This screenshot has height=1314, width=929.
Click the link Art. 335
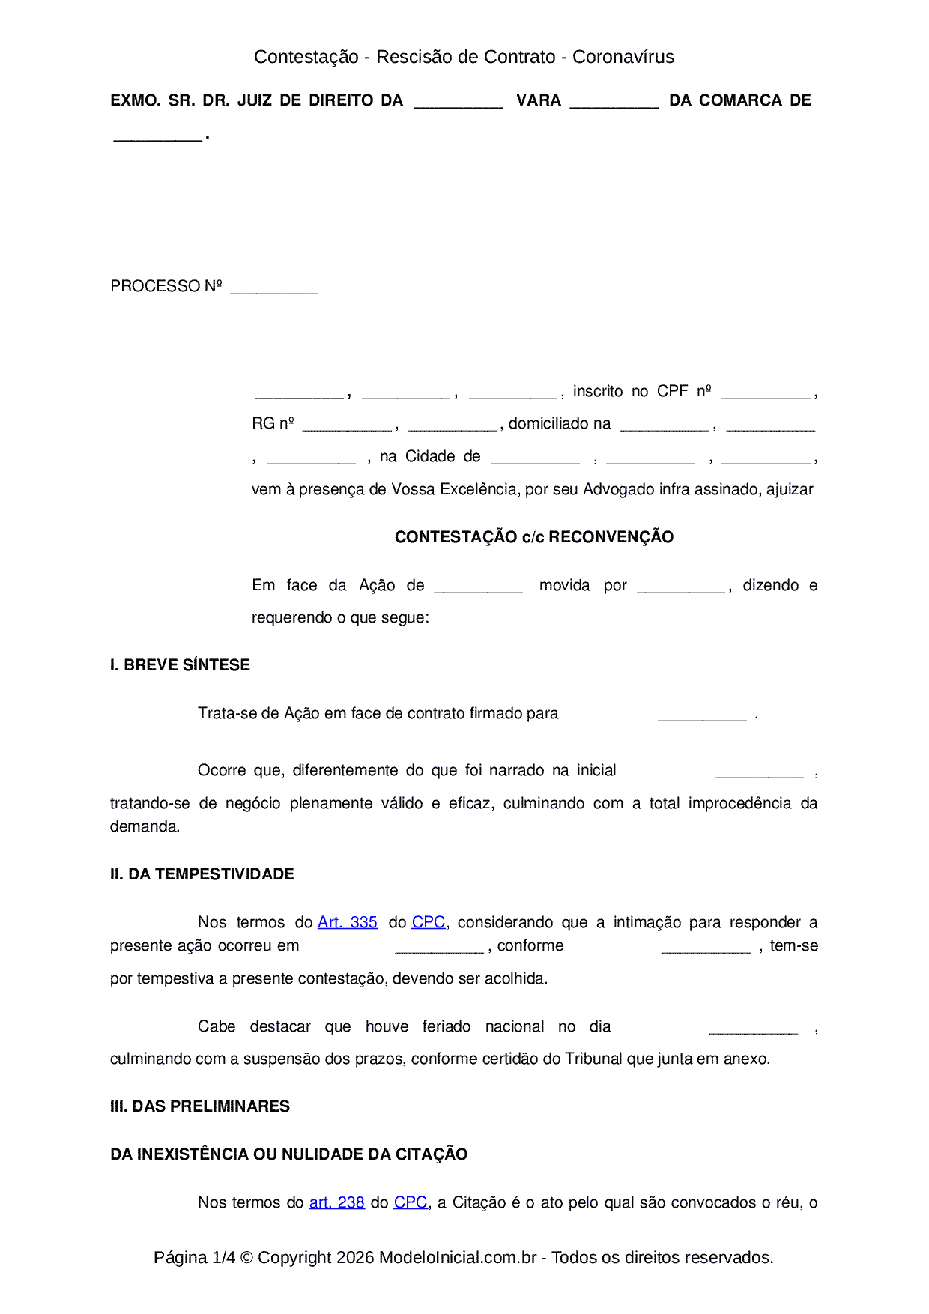click(x=347, y=922)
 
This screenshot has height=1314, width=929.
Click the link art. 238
click(x=336, y=1202)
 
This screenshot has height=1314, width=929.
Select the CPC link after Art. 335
click(x=429, y=922)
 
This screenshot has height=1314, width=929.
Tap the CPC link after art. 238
click(x=411, y=1202)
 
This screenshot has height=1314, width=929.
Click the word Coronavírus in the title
click(x=623, y=57)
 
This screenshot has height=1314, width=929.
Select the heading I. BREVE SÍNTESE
click(x=180, y=665)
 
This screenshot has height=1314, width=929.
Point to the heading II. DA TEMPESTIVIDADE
click(x=202, y=874)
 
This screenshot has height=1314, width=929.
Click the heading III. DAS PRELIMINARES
click(x=199, y=1106)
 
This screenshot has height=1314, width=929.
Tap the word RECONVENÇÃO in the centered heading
click(x=611, y=537)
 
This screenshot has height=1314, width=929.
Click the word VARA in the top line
click(x=538, y=100)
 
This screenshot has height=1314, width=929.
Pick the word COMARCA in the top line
click(x=740, y=100)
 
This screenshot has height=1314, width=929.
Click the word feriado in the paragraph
click(x=446, y=1026)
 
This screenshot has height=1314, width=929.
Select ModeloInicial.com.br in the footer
click(x=457, y=1257)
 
